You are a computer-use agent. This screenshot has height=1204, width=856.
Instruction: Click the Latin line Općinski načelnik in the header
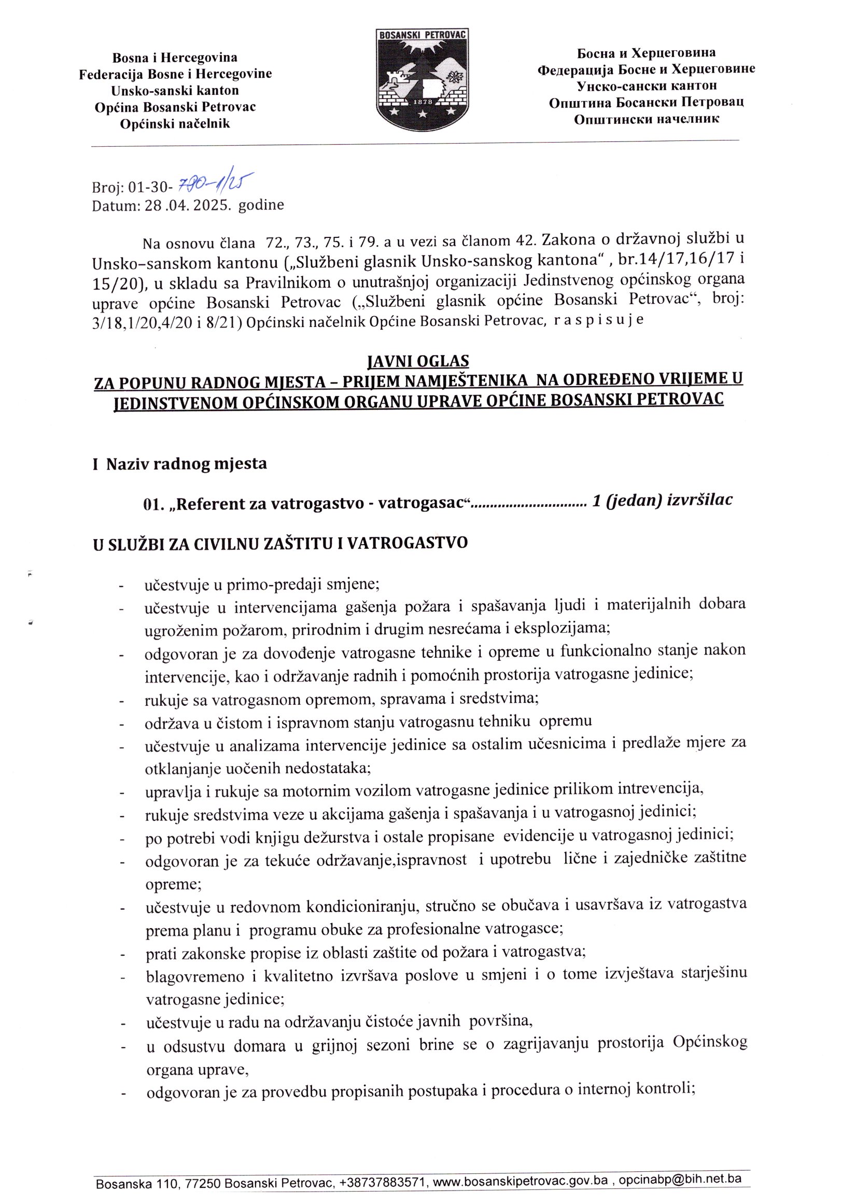click(175, 124)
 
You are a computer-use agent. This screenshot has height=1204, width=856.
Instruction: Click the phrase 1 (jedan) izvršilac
click(663, 501)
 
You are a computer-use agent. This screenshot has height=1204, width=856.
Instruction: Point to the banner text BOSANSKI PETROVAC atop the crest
click(422, 34)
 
